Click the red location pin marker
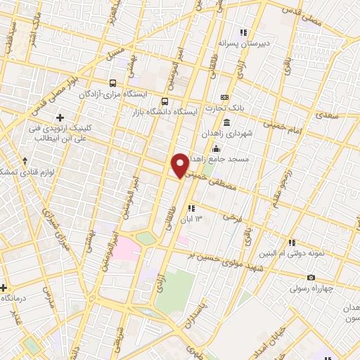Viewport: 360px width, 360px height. click(x=180, y=165)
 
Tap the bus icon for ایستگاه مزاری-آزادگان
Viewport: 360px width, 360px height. click(x=113, y=82)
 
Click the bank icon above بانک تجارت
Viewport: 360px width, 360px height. click(x=224, y=97)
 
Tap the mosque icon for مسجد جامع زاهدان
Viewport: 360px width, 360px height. click(x=216, y=148)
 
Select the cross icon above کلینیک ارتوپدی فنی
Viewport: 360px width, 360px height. click(x=60, y=117)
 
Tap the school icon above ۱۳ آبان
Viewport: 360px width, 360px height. click(x=191, y=208)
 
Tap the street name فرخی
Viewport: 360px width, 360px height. click(x=231, y=219)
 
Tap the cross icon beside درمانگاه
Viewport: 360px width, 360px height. click(x=4, y=288)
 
